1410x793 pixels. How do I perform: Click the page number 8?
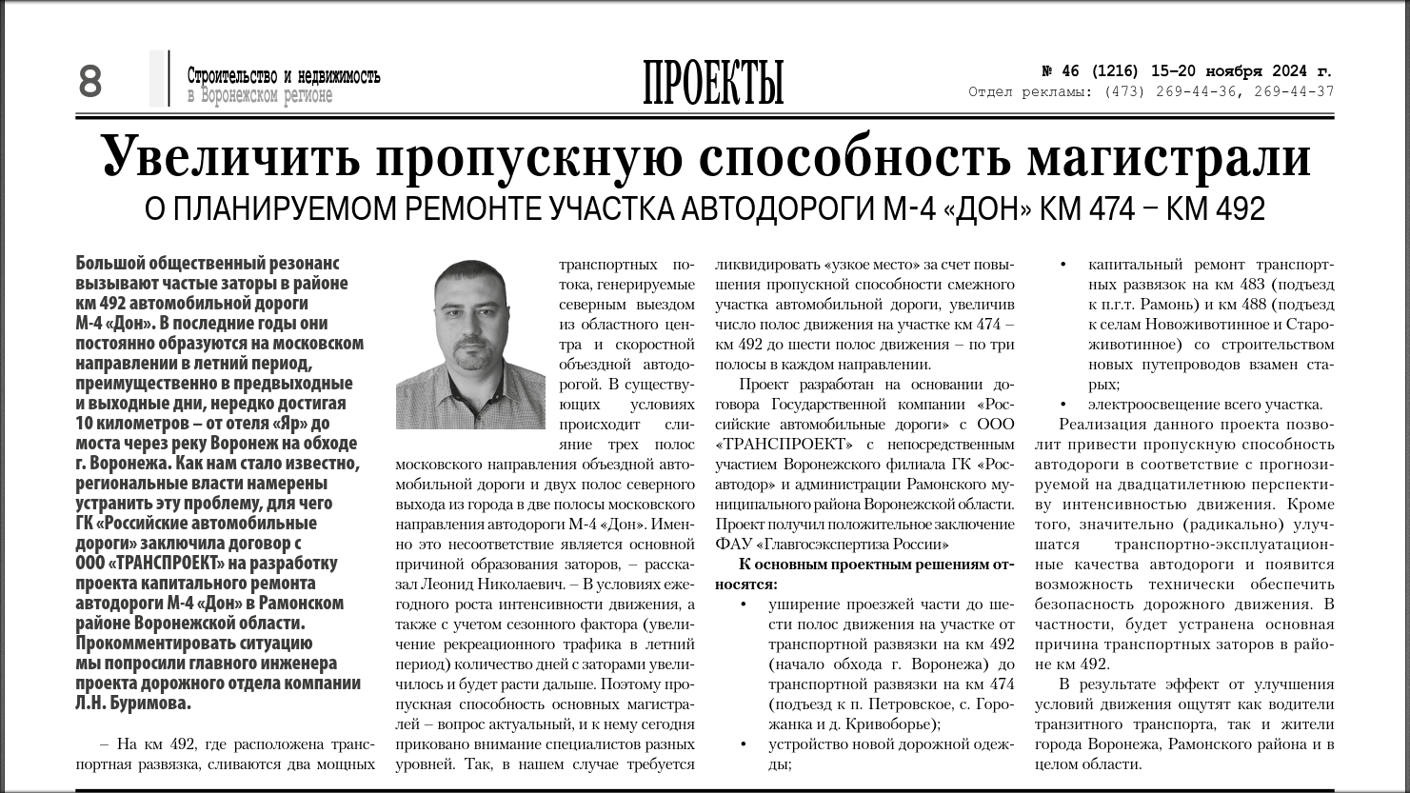coord(90,82)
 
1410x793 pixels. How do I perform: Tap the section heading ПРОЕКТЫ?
coord(713,83)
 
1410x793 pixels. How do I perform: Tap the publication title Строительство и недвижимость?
coord(284,76)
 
